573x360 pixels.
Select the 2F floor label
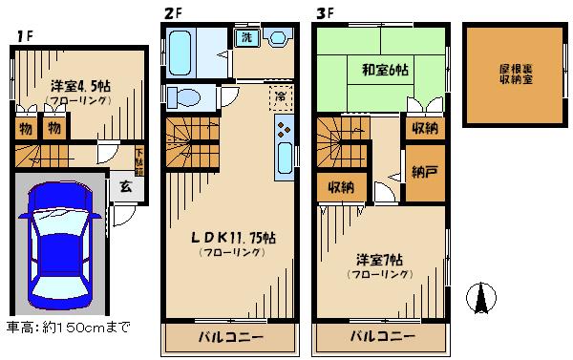(x=171, y=12)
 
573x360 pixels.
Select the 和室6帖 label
(x=387, y=69)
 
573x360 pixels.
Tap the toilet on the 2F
(x=183, y=97)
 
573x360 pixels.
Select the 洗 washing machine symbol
(x=245, y=38)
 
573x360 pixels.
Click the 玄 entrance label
(x=125, y=187)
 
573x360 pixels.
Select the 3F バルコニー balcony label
(x=381, y=337)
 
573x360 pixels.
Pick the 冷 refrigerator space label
(x=280, y=95)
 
